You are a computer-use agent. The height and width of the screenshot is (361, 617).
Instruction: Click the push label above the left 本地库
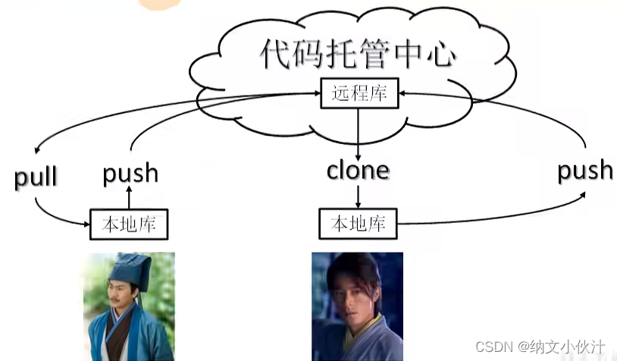point(130,173)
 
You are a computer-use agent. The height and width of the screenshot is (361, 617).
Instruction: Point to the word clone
point(358,170)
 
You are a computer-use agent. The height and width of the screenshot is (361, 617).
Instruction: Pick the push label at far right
point(584,170)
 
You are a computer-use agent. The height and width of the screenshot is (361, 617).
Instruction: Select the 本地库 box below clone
point(359,224)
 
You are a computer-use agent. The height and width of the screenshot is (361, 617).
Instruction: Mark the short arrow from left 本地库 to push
point(129,199)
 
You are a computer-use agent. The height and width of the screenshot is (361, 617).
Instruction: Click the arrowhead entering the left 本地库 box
point(86,223)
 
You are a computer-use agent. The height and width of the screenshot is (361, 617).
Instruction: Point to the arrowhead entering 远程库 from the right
point(402,93)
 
